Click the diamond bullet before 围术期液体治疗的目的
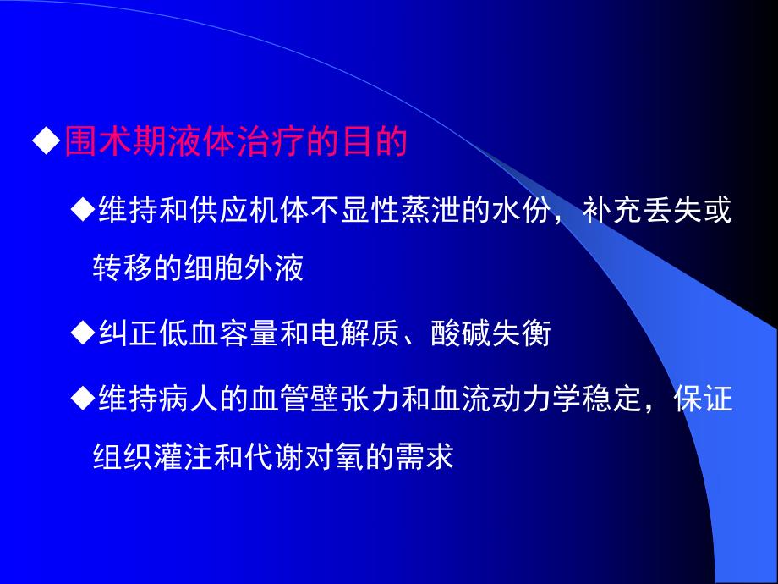pos(47,140)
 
